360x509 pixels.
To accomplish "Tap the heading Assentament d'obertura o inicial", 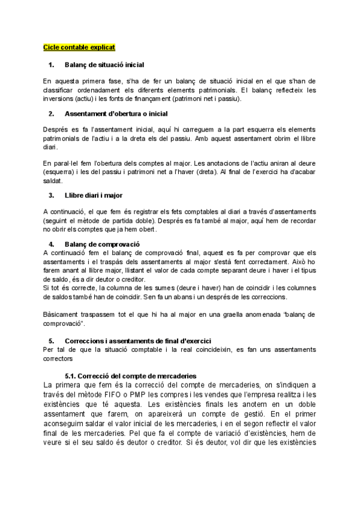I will (116, 113).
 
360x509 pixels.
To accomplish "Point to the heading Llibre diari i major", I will (94, 195).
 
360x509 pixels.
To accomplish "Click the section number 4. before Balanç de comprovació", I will (51, 244).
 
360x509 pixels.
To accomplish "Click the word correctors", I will (58, 360).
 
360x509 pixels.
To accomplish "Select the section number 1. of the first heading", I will (51, 64).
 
